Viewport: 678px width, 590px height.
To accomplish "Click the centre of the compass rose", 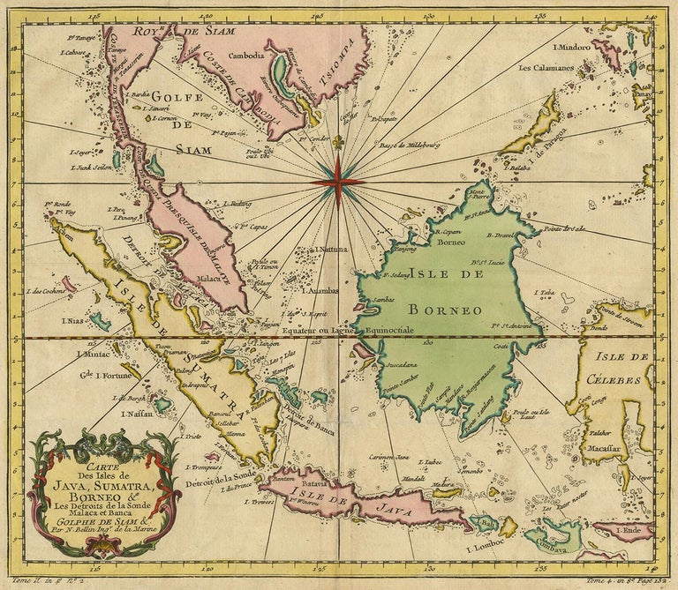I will click(x=336, y=181).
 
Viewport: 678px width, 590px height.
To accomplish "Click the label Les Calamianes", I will click(x=547, y=67).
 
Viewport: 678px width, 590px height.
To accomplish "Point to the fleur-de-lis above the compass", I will click(x=336, y=119).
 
